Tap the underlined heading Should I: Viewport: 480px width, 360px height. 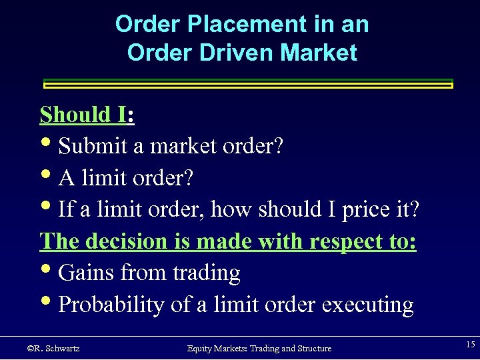[x=87, y=115]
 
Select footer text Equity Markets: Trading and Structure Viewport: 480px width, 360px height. [x=259, y=348]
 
